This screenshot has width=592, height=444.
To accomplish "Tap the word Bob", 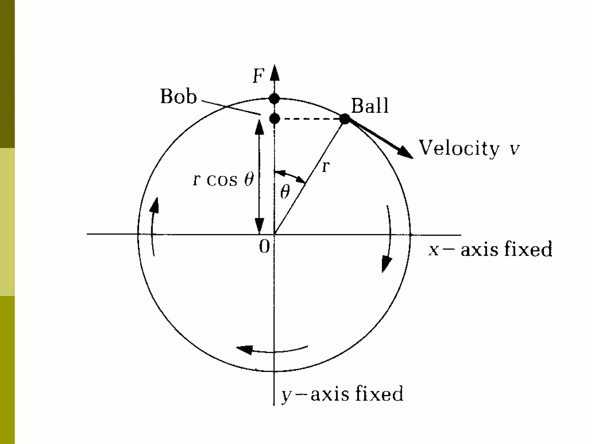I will pyautogui.click(x=178, y=97).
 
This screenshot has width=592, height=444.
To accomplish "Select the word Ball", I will pyautogui.click(x=370, y=106).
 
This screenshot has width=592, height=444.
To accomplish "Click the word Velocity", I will pyautogui.click(x=459, y=148).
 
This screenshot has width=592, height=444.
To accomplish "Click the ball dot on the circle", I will pyautogui.click(x=345, y=119).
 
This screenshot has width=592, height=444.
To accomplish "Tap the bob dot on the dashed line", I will pyautogui.click(x=274, y=118).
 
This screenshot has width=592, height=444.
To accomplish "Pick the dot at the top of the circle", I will pyautogui.click(x=274, y=99).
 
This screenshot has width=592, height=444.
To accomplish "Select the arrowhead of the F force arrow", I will pyautogui.click(x=275, y=72).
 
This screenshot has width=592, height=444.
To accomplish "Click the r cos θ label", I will pyautogui.click(x=223, y=180).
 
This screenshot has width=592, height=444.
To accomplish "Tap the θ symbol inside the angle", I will pyautogui.click(x=285, y=192).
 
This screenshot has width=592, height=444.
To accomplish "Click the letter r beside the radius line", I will pyautogui.click(x=326, y=167).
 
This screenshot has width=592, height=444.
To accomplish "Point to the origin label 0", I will pyautogui.click(x=264, y=247).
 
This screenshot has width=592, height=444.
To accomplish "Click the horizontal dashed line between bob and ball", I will pyautogui.click(x=309, y=119).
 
